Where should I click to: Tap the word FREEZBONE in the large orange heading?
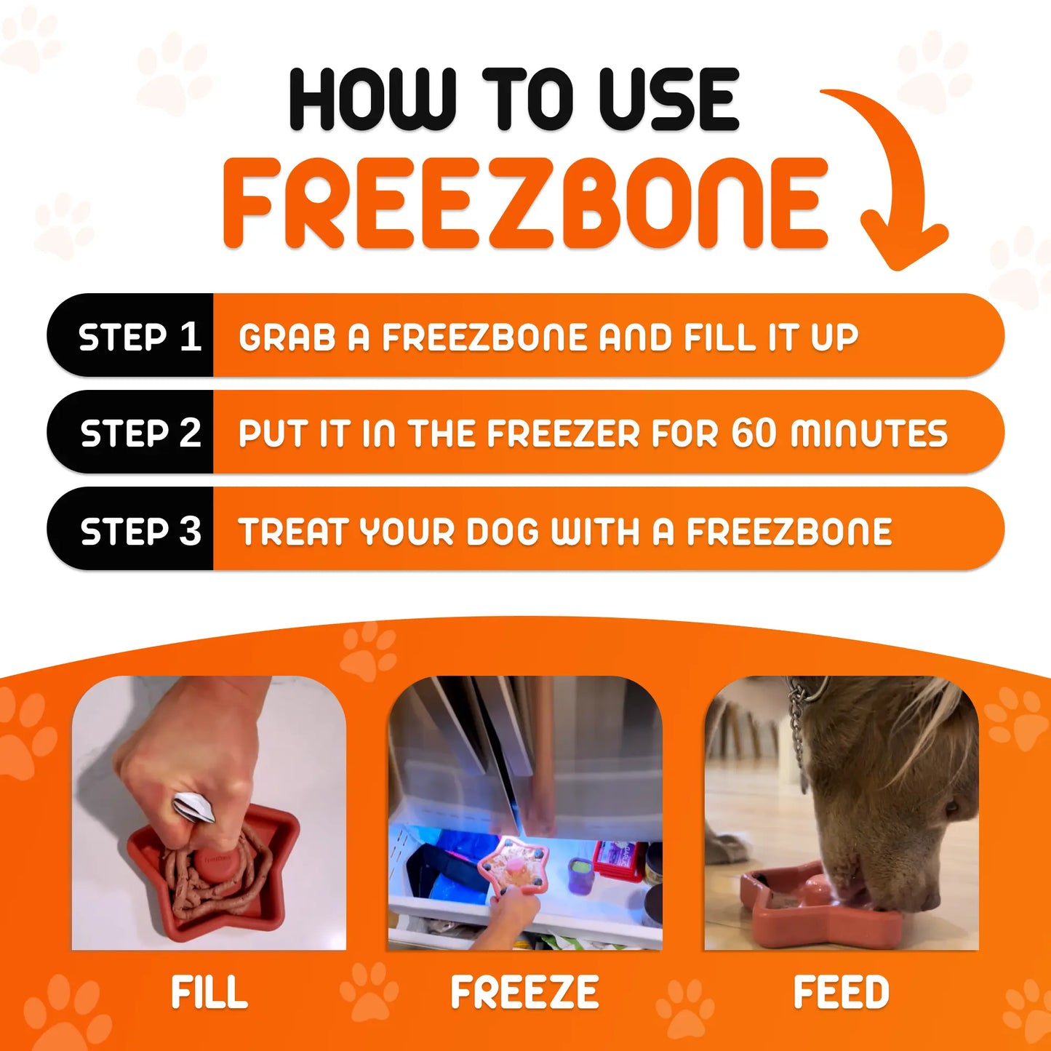tap(525, 204)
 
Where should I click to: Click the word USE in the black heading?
tap(668, 100)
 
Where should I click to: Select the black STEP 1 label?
tap(138, 337)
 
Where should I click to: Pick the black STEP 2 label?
tap(140, 433)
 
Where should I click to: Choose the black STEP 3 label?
tap(140, 531)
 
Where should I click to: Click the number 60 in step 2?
tap(754, 433)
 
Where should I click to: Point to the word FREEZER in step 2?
tap(563, 434)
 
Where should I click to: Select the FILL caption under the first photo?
tap(209, 993)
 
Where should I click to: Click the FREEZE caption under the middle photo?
tap(524, 993)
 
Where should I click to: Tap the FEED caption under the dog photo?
tap(841, 993)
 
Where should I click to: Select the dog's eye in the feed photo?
tap(952, 807)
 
